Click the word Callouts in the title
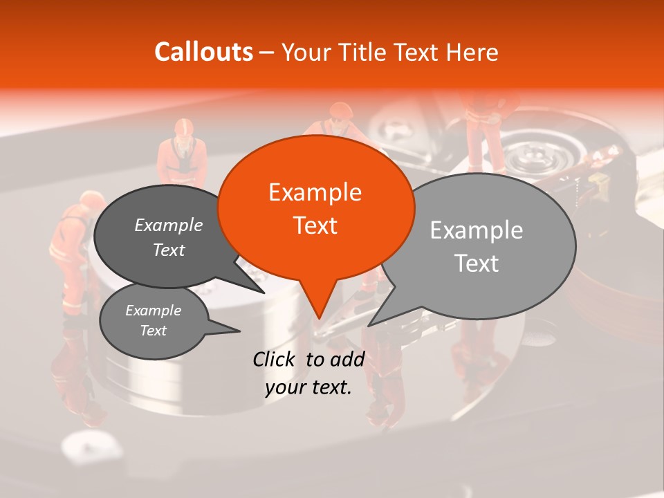tap(203, 52)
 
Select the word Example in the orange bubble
tap(315, 192)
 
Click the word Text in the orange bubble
tap(315, 225)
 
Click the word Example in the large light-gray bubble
tap(477, 230)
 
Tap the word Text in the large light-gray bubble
tap(477, 264)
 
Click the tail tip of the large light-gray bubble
tap(369, 325)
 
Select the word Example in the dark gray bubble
tap(169, 225)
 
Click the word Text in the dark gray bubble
tap(169, 250)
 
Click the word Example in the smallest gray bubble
tap(153, 311)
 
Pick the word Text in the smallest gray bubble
tap(153, 331)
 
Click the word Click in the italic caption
tap(275, 359)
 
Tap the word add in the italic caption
tap(348, 359)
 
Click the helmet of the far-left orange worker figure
tap(89, 201)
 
